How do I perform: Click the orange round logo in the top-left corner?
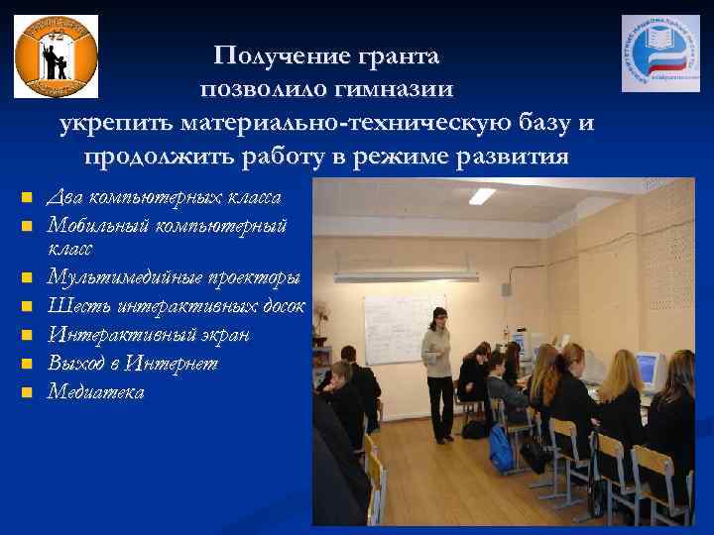coord(56,55)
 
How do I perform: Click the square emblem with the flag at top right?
coord(659,53)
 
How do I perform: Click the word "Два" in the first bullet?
coord(65,197)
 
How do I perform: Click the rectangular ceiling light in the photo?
coord(482,196)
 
